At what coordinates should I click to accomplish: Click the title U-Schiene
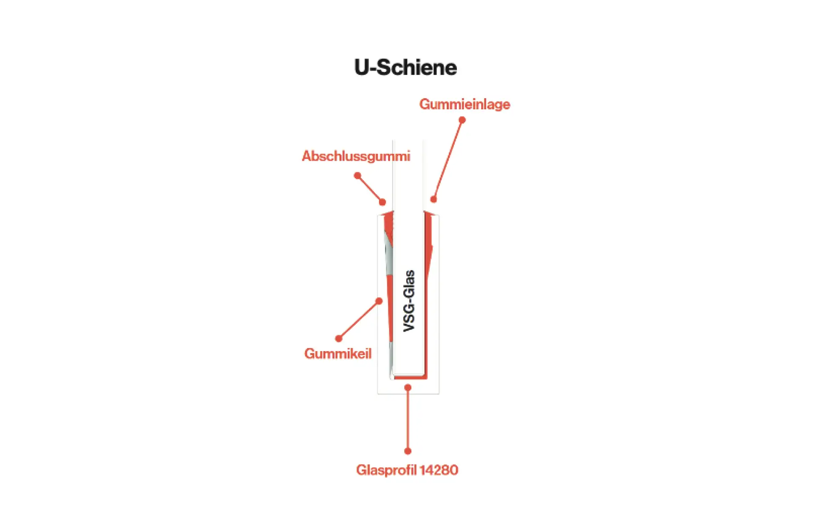405,68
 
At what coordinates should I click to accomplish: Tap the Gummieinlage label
465,104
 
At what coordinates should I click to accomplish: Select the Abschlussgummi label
356,156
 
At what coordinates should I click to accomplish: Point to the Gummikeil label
338,354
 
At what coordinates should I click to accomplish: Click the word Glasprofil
386,470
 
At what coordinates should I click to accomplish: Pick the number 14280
439,470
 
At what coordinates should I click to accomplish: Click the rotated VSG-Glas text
409,300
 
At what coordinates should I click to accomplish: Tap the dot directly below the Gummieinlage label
462,120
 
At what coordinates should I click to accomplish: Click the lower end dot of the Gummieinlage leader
433,199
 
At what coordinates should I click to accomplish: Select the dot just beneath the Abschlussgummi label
357,176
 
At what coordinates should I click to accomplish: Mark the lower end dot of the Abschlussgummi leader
382,202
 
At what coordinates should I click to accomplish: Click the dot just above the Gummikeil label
339,338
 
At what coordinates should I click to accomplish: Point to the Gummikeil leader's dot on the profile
379,301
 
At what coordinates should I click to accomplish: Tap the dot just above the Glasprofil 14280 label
408,451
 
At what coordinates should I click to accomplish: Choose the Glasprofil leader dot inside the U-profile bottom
408,388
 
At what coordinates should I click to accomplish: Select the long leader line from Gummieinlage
448,159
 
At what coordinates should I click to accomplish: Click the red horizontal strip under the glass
410,377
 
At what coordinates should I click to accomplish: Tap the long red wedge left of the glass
389,306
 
